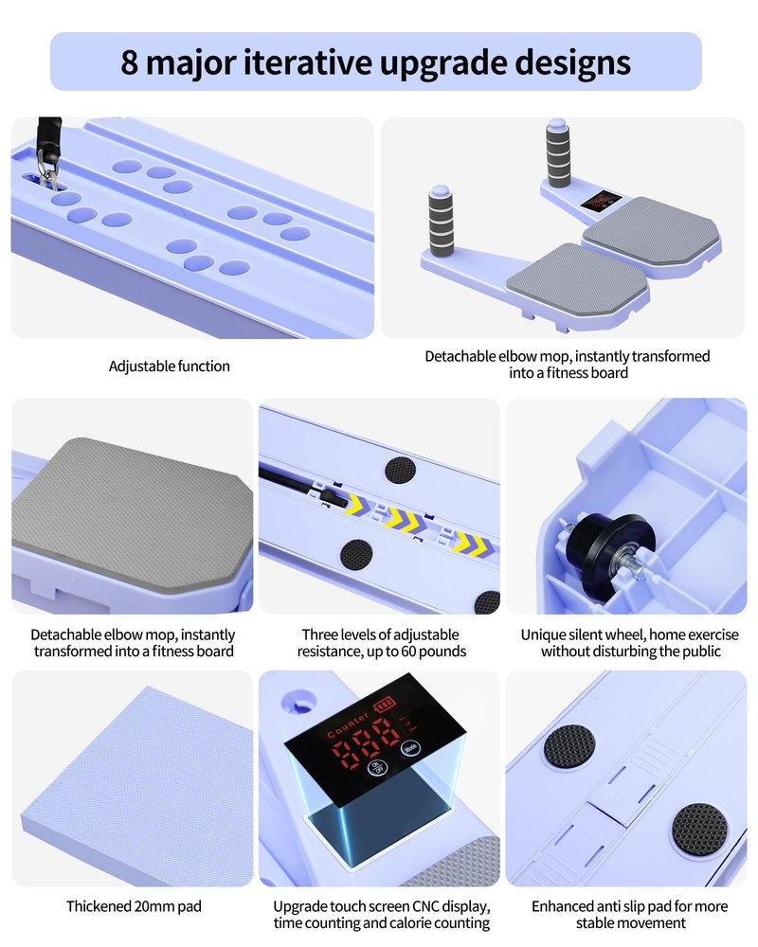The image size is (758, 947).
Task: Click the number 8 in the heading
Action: tap(130, 62)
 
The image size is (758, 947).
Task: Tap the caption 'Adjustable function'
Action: tap(170, 366)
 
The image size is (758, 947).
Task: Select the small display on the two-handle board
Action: tap(601, 201)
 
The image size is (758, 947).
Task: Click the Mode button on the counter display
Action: tap(410, 747)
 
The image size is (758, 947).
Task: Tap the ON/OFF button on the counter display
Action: tap(376, 768)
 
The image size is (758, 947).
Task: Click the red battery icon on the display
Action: tap(385, 705)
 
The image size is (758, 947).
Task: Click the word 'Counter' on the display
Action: tap(348, 724)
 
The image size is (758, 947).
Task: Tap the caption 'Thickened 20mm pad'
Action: tap(135, 906)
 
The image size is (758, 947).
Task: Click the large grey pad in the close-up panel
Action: tap(130, 513)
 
